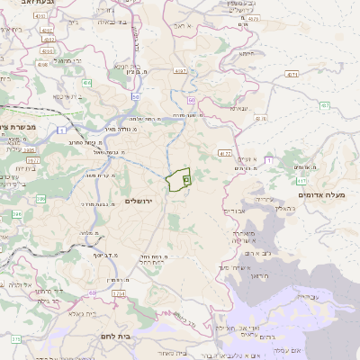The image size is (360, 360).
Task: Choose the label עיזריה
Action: [263, 198]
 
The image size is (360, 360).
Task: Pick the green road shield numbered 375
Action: [15, 338]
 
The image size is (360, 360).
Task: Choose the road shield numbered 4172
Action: [225, 154]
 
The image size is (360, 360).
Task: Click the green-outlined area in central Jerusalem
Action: [180, 180]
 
